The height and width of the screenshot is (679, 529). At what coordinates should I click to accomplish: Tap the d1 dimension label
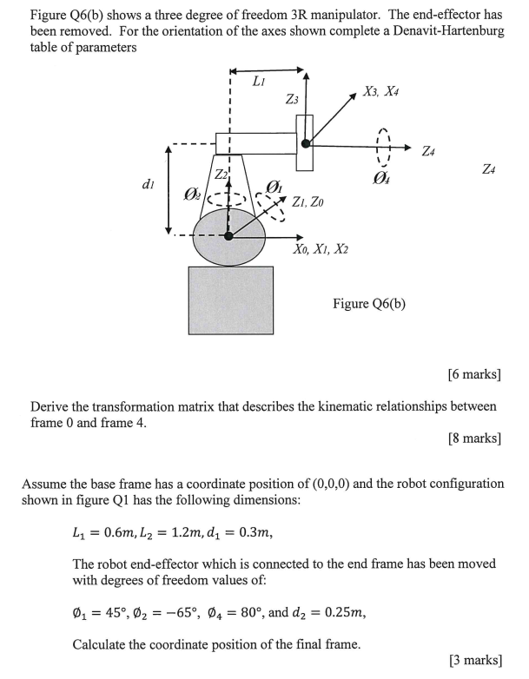point(148,184)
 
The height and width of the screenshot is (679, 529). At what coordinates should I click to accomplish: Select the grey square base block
point(230,300)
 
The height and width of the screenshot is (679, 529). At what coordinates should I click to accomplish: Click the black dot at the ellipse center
point(228,235)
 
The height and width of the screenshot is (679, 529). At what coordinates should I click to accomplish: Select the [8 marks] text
point(473,438)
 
